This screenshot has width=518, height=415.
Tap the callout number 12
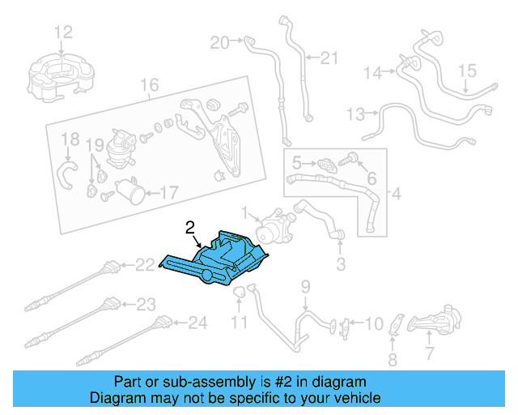point(63,32)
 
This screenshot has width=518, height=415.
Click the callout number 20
point(219,41)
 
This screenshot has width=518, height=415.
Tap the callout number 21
point(328,58)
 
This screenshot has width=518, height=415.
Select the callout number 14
point(372,73)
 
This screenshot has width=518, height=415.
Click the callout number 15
point(468,72)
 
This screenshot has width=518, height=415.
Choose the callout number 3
point(341,264)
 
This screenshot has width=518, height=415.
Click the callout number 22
point(145,264)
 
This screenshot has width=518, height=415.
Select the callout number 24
point(198,323)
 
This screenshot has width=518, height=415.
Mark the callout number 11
point(240,323)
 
